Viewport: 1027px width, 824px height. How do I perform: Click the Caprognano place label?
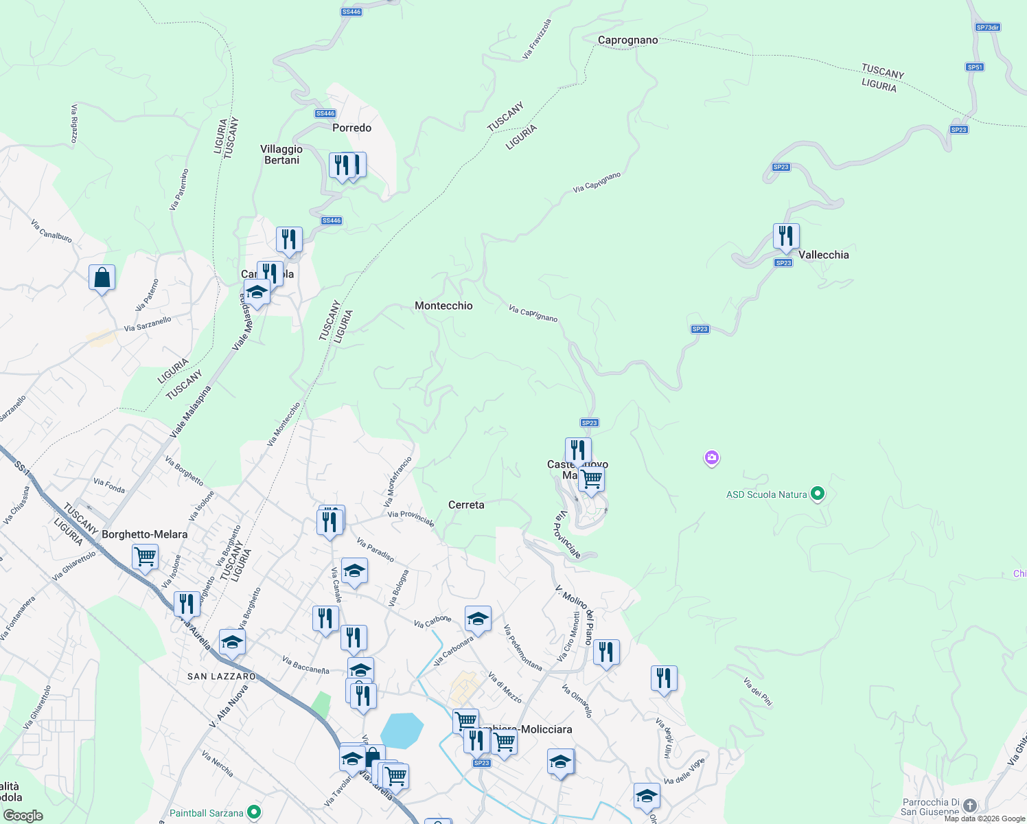point(627,40)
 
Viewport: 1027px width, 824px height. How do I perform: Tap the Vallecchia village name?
point(823,255)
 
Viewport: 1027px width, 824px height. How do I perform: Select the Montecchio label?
point(443,306)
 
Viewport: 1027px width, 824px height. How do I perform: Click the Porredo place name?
point(351,128)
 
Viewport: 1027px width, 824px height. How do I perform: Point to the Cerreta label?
point(466,505)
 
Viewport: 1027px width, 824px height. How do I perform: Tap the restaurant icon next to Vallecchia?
point(786,236)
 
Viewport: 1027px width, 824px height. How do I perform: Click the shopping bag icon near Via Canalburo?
point(102,278)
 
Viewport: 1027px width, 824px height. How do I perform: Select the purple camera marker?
point(712,457)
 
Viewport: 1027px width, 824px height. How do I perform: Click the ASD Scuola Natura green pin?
point(817,494)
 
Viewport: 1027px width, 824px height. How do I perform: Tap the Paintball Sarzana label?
point(207,813)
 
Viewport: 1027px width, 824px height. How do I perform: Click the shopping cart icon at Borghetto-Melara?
point(145,556)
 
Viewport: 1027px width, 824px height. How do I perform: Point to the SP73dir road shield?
point(988,27)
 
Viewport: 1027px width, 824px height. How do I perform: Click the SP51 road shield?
point(975,67)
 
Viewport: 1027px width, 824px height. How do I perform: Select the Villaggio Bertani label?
point(281,154)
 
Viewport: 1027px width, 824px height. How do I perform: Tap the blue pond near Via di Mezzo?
point(402,730)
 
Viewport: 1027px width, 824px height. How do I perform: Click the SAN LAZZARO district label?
point(221,676)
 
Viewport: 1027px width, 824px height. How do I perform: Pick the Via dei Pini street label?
point(758,691)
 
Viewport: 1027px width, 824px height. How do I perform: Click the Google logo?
point(23,816)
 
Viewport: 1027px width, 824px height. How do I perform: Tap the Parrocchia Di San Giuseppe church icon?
point(969,805)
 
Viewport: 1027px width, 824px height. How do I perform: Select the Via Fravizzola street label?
point(537,38)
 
